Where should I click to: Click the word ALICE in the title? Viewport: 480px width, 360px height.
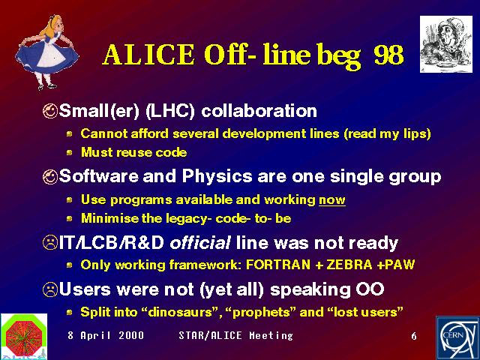tap(148, 55)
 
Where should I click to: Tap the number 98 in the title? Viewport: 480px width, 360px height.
tap(388, 55)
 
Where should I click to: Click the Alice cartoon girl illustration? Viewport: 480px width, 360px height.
tap(46, 52)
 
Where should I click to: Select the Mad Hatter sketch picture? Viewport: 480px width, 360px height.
tap(446, 44)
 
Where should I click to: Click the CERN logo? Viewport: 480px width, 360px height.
tap(457, 338)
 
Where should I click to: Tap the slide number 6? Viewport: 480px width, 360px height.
tap(414, 336)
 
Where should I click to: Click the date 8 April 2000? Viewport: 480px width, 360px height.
tap(106, 335)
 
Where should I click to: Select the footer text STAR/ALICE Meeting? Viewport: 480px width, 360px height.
tap(235, 335)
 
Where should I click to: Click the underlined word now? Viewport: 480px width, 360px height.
tap(332, 200)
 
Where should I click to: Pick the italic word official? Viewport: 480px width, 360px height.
tap(200, 243)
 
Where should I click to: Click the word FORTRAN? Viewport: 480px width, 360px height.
tap(278, 265)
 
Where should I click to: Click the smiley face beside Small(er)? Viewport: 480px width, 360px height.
tap(50, 111)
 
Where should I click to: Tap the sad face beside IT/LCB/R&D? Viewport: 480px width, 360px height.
tap(50, 243)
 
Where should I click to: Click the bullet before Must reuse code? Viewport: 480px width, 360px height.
tap(70, 152)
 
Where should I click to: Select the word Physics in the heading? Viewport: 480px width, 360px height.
tap(217, 177)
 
